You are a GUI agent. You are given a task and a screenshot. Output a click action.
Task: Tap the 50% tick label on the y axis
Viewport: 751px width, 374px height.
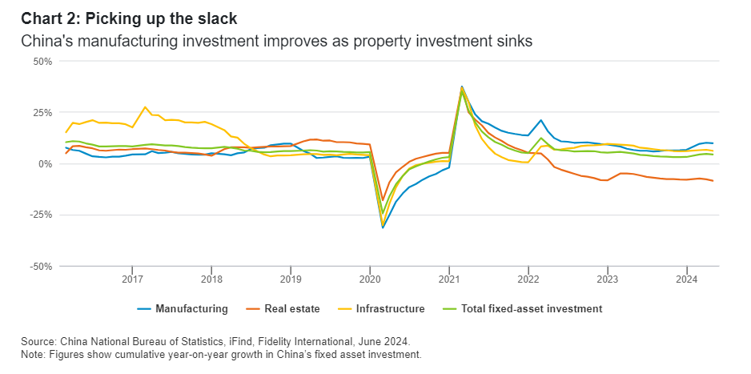(41, 61)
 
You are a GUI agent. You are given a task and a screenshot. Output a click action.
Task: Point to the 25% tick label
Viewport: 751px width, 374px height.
(41, 112)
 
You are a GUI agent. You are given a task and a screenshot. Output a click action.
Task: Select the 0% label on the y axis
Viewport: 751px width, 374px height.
(44, 163)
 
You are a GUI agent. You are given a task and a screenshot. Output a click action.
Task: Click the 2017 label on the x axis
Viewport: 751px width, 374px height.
(132, 279)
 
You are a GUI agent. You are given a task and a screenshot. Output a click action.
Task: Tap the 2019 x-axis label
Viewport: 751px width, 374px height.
(291, 279)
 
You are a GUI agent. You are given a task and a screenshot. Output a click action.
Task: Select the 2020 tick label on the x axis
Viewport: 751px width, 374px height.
(370, 279)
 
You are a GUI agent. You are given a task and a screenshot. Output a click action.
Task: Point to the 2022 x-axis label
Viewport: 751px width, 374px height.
(528, 279)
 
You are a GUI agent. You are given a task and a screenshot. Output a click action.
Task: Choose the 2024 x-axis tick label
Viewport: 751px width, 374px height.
(687, 279)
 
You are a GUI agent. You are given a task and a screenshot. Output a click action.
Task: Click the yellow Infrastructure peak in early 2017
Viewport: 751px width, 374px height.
(145, 107)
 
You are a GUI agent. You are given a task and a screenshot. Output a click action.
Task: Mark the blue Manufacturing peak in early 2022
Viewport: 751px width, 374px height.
(542, 120)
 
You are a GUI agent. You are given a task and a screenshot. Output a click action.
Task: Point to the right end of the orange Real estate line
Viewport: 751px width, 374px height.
(713, 181)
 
